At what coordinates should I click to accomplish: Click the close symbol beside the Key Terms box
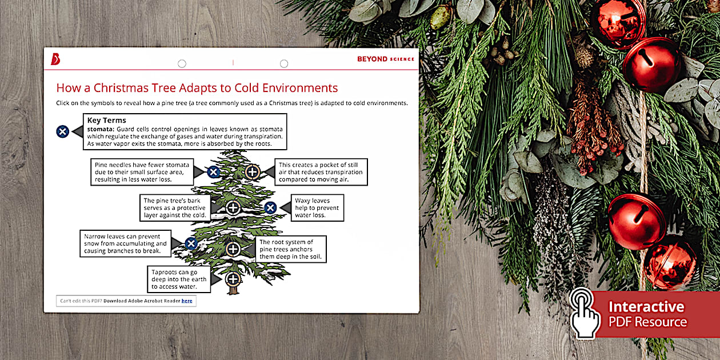click(63, 131)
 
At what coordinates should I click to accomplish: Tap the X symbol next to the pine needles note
click(213, 171)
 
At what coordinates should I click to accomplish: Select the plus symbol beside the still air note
click(253, 171)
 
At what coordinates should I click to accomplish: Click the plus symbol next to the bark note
click(233, 207)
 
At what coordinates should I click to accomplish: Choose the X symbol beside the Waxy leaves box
click(270, 207)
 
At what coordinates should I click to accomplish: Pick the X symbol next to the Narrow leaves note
click(191, 243)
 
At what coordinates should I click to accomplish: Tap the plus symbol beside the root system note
click(233, 249)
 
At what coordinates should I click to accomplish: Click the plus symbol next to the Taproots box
click(233, 279)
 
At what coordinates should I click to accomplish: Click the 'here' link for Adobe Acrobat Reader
click(187, 301)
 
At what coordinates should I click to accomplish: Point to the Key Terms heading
click(106, 121)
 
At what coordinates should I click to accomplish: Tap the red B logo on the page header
click(55, 59)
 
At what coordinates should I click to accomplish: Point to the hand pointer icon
click(583, 313)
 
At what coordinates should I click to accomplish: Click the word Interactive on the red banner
click(646, 307)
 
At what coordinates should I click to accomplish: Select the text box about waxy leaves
click(317, 209)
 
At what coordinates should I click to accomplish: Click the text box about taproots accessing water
click(178, 279)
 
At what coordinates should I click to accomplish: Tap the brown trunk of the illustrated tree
click(233, 290)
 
